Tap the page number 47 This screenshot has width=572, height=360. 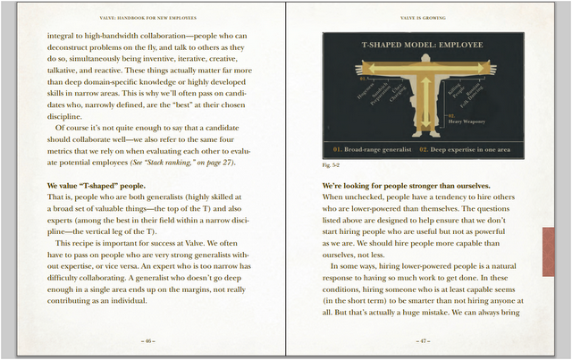[429, 340]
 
